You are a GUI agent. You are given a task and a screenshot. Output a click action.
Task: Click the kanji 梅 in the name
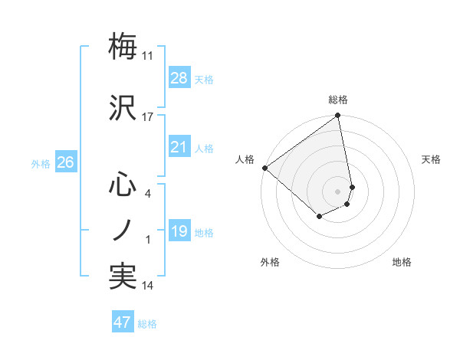point(123,46)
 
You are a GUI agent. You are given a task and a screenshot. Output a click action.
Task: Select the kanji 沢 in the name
point(123,106)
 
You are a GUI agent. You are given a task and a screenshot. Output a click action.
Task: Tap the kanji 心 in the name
point(123,185)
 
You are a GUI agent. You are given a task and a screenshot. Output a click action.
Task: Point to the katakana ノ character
point(123,230)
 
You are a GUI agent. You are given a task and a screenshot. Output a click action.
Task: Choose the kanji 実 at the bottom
point(123,276)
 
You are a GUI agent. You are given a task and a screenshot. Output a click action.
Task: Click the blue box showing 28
point(179,77)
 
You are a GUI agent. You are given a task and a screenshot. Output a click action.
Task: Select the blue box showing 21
point(179,147)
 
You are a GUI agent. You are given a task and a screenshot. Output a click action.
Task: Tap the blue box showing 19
point(179,231)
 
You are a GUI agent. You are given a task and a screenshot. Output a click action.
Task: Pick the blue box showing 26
point(65,162)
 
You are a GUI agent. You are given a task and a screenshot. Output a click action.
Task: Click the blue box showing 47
point(123,322)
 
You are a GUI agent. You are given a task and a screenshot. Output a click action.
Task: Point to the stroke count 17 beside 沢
point(148,117)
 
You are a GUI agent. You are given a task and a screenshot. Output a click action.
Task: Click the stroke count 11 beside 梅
point(148,56)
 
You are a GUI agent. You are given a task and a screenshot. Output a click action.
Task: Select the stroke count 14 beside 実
point(148,286)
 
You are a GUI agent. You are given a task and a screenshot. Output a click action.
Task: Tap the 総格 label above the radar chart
point(338,100)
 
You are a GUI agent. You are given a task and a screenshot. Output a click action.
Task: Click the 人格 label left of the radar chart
point(245,159)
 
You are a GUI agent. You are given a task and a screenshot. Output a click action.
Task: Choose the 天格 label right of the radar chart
point(431,159)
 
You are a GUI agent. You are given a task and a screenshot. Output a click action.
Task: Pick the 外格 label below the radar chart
point(270,262)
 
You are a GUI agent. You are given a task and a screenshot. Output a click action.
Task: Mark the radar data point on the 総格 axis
point(338,116)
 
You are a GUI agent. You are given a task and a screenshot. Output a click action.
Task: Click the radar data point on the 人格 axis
point(264,168)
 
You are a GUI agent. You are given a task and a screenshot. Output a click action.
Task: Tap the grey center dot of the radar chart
point(338,191)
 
